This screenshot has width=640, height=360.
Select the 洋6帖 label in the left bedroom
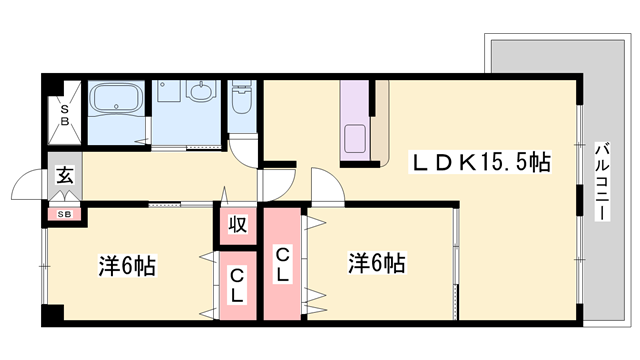point(127,266)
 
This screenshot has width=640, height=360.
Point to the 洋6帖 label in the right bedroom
point(376,263)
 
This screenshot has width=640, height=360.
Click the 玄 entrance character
point(65,176)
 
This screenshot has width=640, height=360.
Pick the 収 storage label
point(238,224)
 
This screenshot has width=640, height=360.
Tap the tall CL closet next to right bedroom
point(282,264)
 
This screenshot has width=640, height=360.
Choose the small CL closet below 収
point(238,285)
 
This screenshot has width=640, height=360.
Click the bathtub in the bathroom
point(117,98)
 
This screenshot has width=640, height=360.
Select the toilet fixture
point(241,97)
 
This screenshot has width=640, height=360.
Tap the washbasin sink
point(201,91)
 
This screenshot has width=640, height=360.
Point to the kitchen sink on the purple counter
point(355,138)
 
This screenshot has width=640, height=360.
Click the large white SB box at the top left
point(64,113)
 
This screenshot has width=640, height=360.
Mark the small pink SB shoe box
point(64,214)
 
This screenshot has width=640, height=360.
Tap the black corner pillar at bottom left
point(53,315)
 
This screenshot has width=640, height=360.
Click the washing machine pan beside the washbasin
point(168,91)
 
